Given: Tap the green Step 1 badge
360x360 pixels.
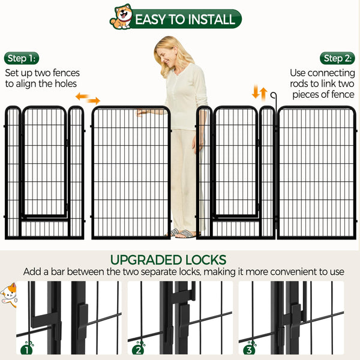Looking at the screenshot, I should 22,58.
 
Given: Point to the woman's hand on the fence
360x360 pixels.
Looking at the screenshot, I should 143,112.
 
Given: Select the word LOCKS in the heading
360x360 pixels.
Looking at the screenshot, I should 206,260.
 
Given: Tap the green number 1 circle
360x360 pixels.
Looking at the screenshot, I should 27,348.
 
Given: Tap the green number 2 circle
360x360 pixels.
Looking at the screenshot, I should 138,348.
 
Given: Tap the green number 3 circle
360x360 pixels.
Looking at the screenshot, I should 249,348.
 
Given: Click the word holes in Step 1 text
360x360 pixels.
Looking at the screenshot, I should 65,84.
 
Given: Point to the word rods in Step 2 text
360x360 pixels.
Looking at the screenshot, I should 303,84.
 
